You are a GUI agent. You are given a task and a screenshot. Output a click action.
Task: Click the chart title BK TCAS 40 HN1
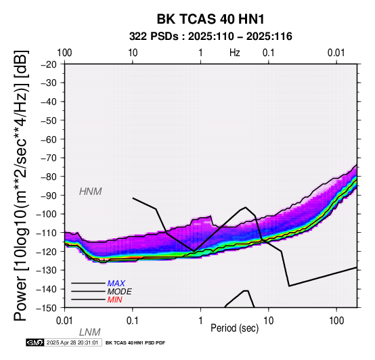[x=211, y=19]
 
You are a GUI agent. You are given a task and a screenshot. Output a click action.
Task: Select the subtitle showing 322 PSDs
[x=211, y=37]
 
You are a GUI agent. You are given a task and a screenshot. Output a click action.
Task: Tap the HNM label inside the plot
[x=91, y=192]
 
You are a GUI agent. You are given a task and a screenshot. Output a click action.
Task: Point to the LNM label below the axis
[x=89, y=332]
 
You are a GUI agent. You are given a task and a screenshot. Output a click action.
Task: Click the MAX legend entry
[x=116, y=284]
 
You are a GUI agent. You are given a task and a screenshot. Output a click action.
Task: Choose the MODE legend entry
[x=119, y=292]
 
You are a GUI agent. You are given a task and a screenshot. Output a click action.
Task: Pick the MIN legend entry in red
[x=114, y=300]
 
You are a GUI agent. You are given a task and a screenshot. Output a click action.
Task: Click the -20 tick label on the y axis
[x=49, y=64]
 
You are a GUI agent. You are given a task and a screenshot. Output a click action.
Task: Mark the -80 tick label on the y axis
[x=49, y=177]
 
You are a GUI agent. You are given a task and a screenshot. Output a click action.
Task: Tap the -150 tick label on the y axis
[x=47, y=308]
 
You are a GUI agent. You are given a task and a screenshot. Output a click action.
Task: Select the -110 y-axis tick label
[x=47, y=233]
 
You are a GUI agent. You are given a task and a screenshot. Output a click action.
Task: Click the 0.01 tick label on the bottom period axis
[x=64, y=321]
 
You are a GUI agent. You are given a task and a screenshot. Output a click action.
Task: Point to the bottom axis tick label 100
[x=336, y=321]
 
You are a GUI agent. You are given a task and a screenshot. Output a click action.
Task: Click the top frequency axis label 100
[x=64, y=53]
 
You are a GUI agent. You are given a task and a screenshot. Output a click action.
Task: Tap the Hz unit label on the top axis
[x=235, y=53]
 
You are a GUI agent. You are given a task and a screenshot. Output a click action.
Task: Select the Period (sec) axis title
[x=235, y=328]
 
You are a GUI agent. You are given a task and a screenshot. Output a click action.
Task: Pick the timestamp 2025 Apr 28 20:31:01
[x=72, y=342]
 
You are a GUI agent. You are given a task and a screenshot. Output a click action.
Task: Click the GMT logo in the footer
[x=35, y=342]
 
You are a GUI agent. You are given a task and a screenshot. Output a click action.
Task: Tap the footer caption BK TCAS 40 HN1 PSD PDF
[x=135, y=343]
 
